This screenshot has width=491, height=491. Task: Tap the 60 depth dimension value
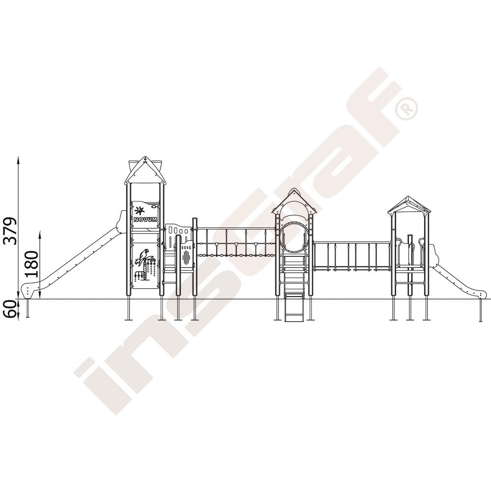click(10, 309)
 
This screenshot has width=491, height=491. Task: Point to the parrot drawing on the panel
click(144, 257)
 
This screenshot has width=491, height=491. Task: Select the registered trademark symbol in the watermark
click(407, 109)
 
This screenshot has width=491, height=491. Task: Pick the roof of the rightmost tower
click(409, 205)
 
